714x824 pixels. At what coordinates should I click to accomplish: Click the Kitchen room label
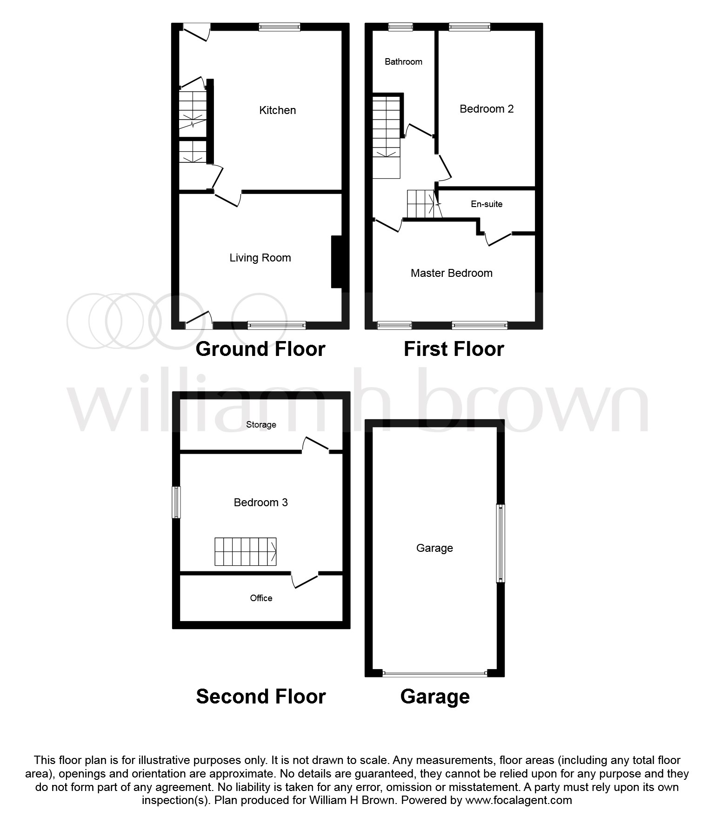pyautogui.click(x=277, y=110)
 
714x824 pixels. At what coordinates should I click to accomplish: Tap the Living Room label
pyautogui.click(x=260, y=258)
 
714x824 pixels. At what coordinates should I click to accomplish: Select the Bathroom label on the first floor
pyautogui.click(x=403, y=62)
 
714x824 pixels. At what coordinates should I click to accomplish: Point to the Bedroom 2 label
pyautogui.click(x=486, y=109)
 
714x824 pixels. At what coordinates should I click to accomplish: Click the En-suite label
pyautogui.click(x=487, y=204)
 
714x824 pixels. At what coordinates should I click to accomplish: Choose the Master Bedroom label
pyautogui.click(x=451, y=273)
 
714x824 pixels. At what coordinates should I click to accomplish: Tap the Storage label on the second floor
pyautogui.click(x=261, y=424)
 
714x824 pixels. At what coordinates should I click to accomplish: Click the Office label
pyautogui.click(x=261, y=598)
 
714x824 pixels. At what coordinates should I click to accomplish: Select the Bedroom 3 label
pyautogui.click(x=260, y=502)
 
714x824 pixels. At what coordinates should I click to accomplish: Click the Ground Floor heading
pyautogui.click(x=260, y=349)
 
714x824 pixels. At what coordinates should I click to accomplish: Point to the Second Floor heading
pyautogui.click(x=260, y=697)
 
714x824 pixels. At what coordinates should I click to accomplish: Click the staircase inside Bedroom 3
pyautogui.click(x=245, y=552)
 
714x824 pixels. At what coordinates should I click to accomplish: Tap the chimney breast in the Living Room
pyautogui.click(x=339, y=262)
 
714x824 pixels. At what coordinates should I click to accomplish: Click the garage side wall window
pyautogui.click(x=500, y=543)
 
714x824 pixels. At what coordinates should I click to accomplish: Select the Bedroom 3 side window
pyautogui.click(x=176, y=502)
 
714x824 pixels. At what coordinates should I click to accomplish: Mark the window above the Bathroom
pyautogui.click(x=400, y=27)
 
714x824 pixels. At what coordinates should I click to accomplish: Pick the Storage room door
pyautogui.click(x=316, y=444)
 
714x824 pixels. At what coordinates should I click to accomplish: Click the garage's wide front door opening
pyautogui.click(x=434, y=673)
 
